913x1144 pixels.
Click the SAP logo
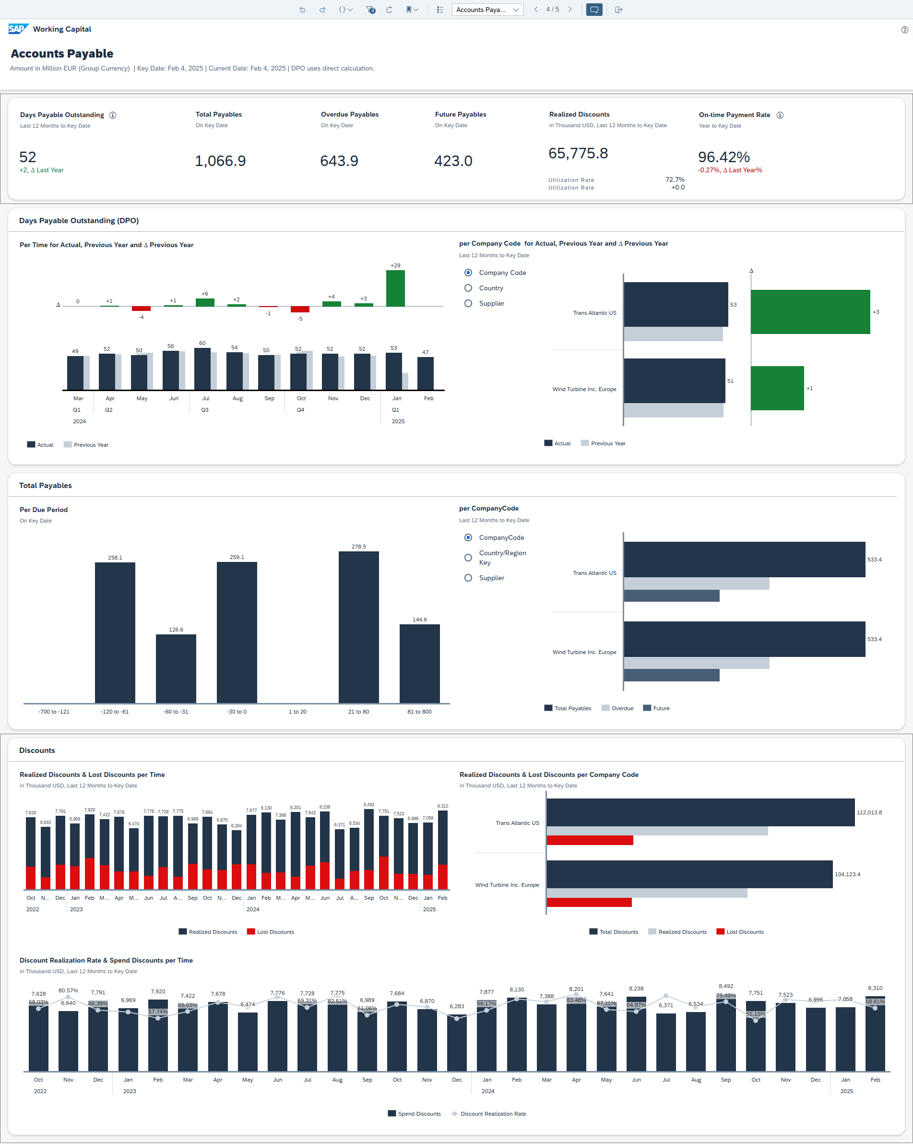[18, 29]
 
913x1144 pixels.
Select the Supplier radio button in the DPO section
[468, 303]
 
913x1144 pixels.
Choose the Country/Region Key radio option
[468, 558]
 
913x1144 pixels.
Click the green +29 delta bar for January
[395, 289]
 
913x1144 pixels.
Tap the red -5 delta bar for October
[300, 310]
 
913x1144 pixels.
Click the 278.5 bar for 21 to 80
[358, 627]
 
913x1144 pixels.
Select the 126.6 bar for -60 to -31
[176, 668]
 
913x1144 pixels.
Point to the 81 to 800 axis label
[419, 712]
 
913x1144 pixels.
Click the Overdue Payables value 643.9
[339, 161]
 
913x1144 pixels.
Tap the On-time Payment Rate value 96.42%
[723, 157]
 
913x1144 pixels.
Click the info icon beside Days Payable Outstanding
[112, 115]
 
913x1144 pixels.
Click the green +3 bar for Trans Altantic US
[809, 312]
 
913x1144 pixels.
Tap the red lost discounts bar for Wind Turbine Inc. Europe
[589, 902]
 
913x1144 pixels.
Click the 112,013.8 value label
[869, 812]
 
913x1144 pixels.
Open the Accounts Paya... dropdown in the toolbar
[487, 10]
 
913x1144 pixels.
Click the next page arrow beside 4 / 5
[570, 10]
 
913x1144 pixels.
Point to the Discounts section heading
[37, 751]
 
